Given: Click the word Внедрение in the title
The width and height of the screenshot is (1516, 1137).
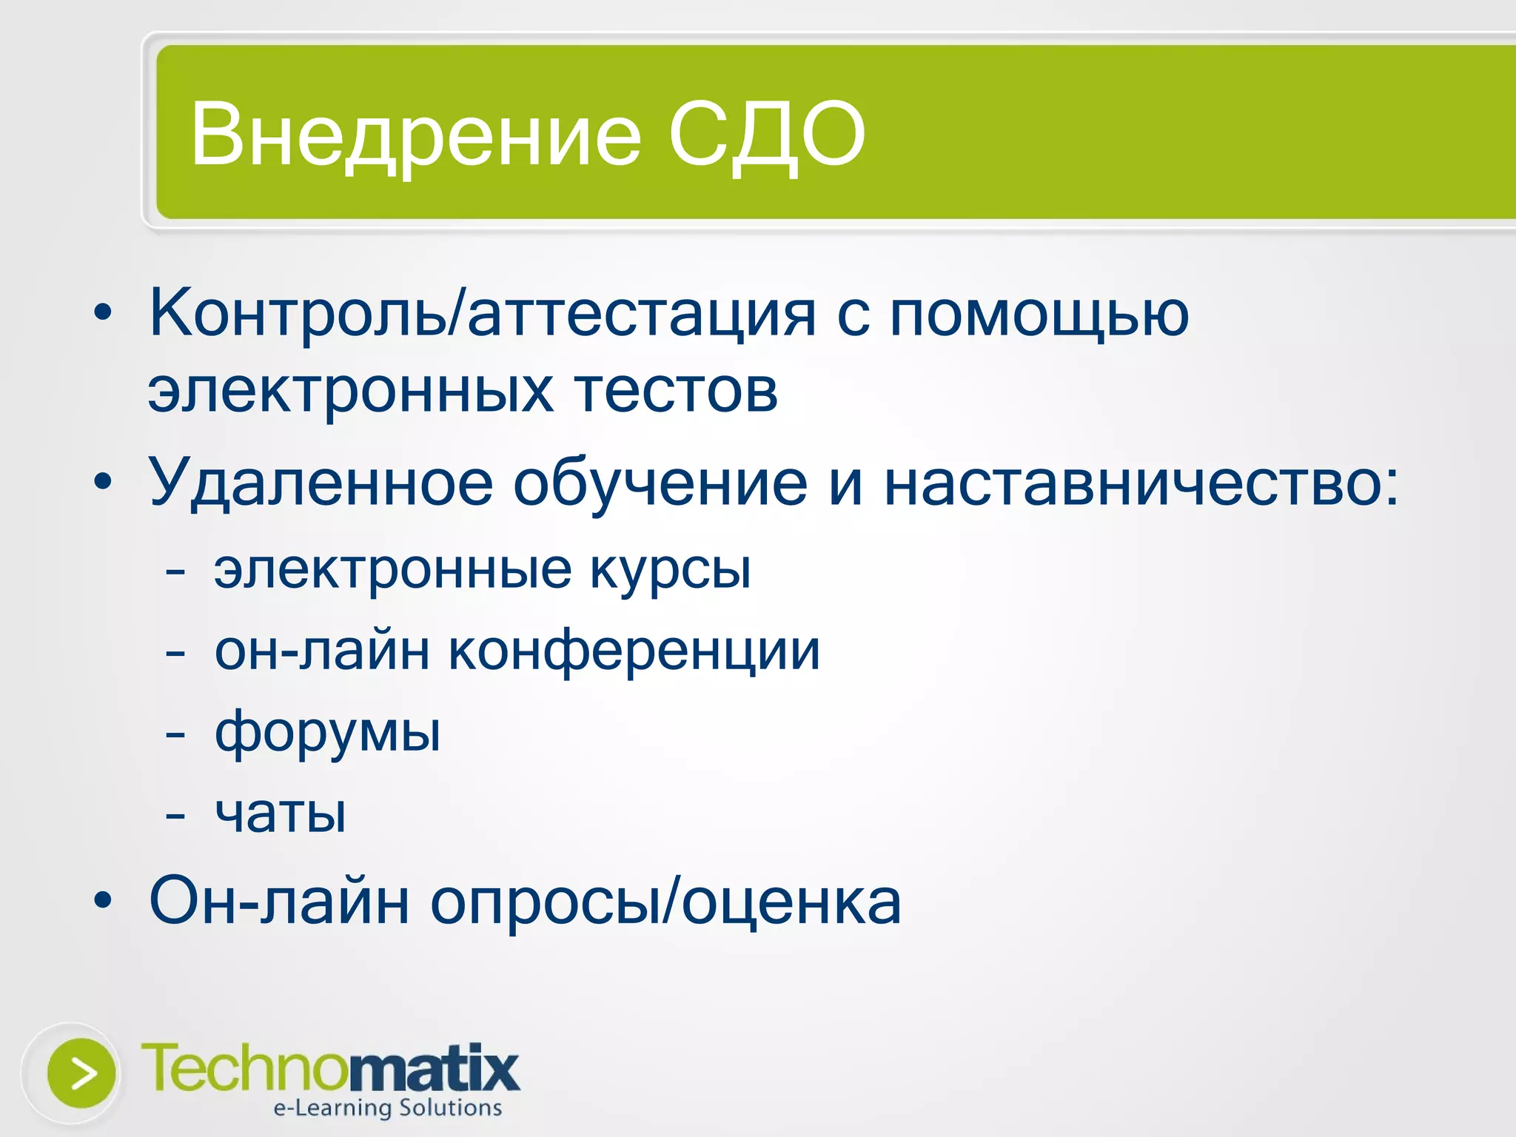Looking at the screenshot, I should (x=415, y=135).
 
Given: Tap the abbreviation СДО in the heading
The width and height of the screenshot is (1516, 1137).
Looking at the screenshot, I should (x=766, y=135).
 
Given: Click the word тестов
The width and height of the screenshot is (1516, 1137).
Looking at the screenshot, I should (x=676, y=390).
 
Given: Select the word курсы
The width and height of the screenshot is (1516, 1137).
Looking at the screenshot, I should (x=670, y=571).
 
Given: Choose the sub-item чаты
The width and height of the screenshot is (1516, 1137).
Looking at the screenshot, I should (x=280, y=814).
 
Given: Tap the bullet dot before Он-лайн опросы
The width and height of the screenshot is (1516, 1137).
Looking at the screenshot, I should (x=103, y=901).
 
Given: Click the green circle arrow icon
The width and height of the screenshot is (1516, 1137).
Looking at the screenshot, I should (x=81, y=1073).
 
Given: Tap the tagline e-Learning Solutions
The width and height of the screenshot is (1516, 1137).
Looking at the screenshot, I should (x=387, y=1108).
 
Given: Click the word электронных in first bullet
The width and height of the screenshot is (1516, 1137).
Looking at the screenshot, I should (x=350, y=390).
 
